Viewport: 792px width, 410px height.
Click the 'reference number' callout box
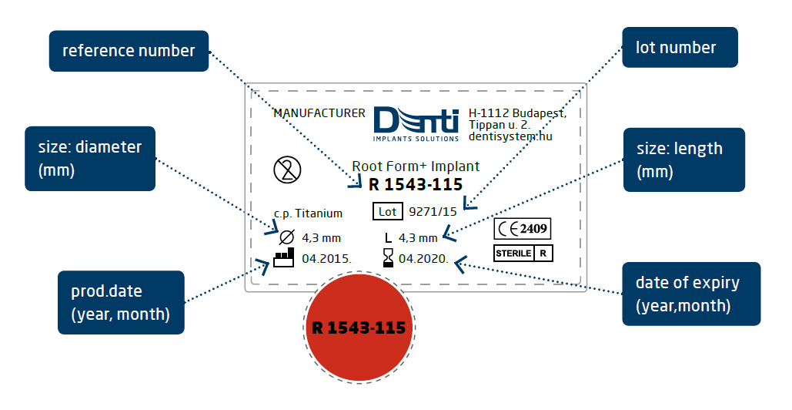[x=129, y=51]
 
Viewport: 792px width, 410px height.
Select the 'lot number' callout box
[x=677, y=48]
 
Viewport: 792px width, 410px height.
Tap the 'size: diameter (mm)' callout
[x=90, y=159]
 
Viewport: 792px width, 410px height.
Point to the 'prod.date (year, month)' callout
[x=121, y=302]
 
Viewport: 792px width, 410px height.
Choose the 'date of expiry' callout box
[x=690, y=294]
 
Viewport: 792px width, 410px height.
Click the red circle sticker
[x=358, y=328]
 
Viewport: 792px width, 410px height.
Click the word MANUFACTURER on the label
[x=319, y=113]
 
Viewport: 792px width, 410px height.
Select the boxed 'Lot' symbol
[x=387, y=210]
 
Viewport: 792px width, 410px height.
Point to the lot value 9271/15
[x=433, y=210]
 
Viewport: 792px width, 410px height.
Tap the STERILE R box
[x=523, y=253]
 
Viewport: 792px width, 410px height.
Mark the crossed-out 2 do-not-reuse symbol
[x=287, y=169]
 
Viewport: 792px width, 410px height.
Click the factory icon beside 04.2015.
[x=283, y=257]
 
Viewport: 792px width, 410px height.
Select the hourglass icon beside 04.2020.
[x=388, y=258]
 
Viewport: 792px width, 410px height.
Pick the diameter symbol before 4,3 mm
[x=286, y=237]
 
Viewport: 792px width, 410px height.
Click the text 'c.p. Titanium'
[x=308, y=213]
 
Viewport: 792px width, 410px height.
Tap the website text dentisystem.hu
[x=510, y=136]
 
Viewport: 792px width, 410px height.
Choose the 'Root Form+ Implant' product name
[x=416, y=166]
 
